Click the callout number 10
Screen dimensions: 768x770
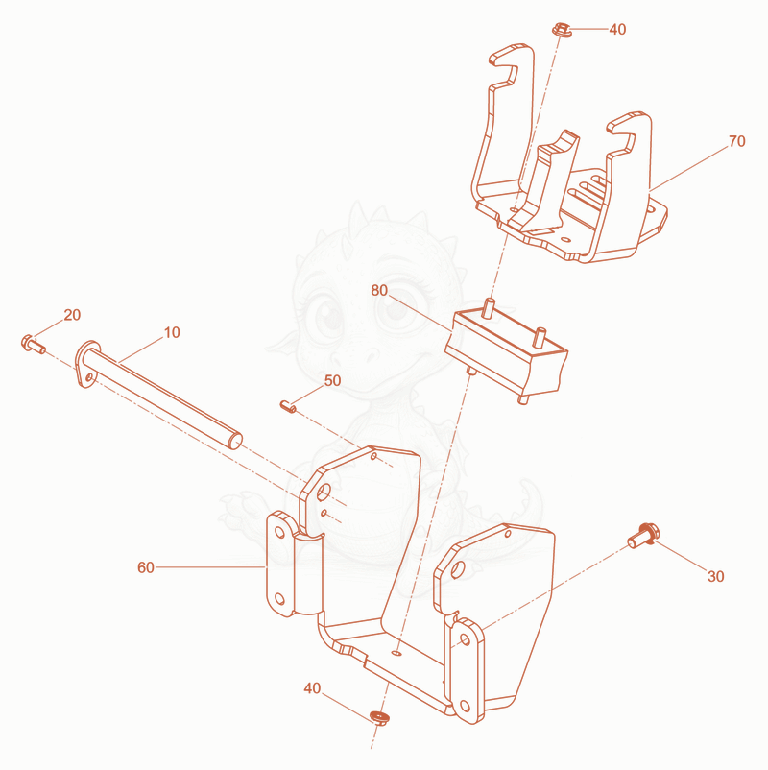172,332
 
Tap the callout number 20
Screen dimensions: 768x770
72,315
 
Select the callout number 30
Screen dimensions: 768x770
716,576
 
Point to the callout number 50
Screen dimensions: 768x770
332,380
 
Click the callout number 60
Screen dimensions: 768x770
146,567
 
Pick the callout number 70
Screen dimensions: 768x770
737,141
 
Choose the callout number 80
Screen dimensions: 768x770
379,290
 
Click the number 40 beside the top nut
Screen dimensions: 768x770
617,30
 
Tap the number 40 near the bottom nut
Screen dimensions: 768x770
312,688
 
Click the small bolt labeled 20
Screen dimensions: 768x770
34,344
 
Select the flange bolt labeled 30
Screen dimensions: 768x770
643,536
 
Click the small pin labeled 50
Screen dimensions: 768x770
288,406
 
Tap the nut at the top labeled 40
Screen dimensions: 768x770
562,30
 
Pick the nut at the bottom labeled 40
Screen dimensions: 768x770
378,716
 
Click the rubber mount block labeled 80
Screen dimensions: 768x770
507,350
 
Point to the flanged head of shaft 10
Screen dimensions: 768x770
87,363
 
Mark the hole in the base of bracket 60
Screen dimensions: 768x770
396,653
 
